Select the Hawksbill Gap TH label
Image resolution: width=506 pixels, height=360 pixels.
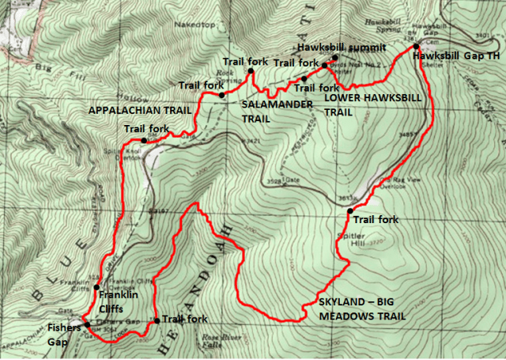tap(458, 57)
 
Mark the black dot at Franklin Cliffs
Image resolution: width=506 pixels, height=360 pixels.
tap(96, 287)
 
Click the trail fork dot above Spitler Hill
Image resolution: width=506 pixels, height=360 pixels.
tap(349, 210)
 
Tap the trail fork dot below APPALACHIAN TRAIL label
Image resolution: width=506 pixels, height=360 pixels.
tap(143, 140)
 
